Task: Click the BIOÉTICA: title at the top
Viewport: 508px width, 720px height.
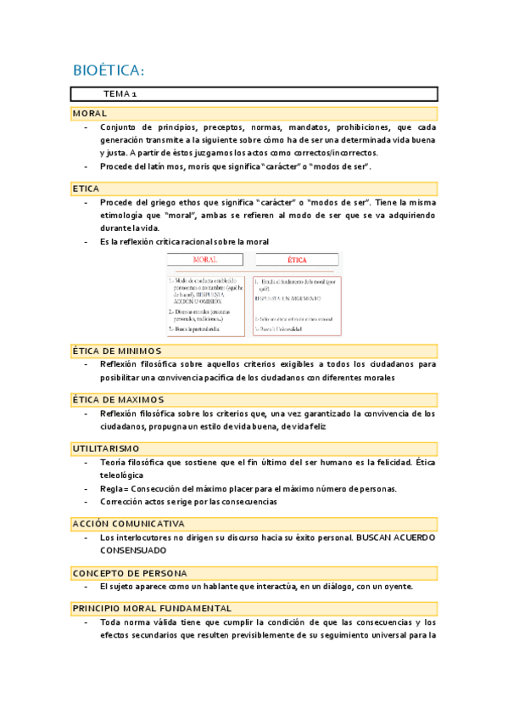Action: point(109,70)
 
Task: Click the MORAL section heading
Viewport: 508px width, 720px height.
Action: point(90,114)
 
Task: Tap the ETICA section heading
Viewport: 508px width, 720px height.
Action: point(87,188)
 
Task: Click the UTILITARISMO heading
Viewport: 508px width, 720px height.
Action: point(106,447)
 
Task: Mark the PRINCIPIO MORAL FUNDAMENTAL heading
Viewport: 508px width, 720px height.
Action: point(152,609)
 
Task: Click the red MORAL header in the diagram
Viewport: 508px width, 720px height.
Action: point(205,260)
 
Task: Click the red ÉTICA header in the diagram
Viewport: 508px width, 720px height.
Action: point(297,260)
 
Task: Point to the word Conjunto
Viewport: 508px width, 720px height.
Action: point(119,128)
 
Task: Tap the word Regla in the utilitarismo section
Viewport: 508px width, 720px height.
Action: point(111,489)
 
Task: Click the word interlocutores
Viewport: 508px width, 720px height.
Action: point(144,537)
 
